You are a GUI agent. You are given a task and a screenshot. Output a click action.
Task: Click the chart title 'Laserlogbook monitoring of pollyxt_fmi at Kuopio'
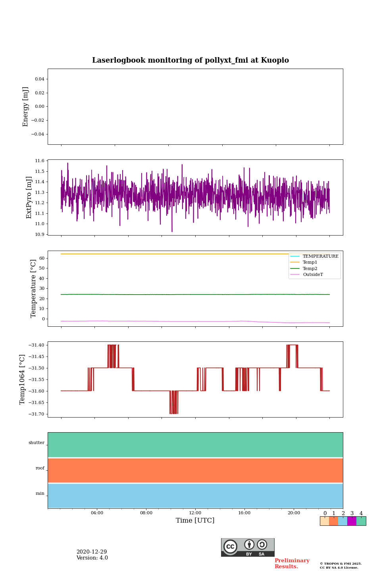point(190,60)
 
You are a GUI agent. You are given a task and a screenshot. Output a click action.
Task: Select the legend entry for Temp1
point(310,263)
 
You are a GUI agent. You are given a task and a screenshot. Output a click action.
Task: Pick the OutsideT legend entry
point(313,275)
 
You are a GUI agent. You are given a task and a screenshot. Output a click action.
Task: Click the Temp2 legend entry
point(310,269)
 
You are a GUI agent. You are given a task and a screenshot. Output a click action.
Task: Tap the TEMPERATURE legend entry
point(320,257)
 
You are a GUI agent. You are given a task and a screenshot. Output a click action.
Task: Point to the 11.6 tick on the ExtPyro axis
point(40,161)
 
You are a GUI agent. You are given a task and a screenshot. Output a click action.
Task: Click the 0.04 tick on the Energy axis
point(39,79)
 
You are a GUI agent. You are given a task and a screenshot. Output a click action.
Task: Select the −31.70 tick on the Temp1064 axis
point(36,414)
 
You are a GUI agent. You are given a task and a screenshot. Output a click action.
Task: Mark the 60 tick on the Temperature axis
point(41,258)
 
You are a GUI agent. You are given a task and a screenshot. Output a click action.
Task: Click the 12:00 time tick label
point(195,513)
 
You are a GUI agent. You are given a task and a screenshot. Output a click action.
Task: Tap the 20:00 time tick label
point(294,513)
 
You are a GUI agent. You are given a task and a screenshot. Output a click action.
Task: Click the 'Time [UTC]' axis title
point(195,521)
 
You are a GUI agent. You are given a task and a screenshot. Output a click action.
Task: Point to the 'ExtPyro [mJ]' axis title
point(29,197)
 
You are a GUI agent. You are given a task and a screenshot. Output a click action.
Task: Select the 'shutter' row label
point(37,443)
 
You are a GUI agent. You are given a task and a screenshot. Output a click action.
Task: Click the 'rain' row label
point(40,494)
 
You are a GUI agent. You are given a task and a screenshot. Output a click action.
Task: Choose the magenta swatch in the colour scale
point(352,521)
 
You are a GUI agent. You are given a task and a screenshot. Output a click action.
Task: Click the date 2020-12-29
point(92,552)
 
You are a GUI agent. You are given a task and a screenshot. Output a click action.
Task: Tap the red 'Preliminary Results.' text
point(292,563)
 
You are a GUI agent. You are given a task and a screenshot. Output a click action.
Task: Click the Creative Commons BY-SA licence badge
point(248,547)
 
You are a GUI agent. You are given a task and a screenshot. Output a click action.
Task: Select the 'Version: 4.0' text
point(92,558)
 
